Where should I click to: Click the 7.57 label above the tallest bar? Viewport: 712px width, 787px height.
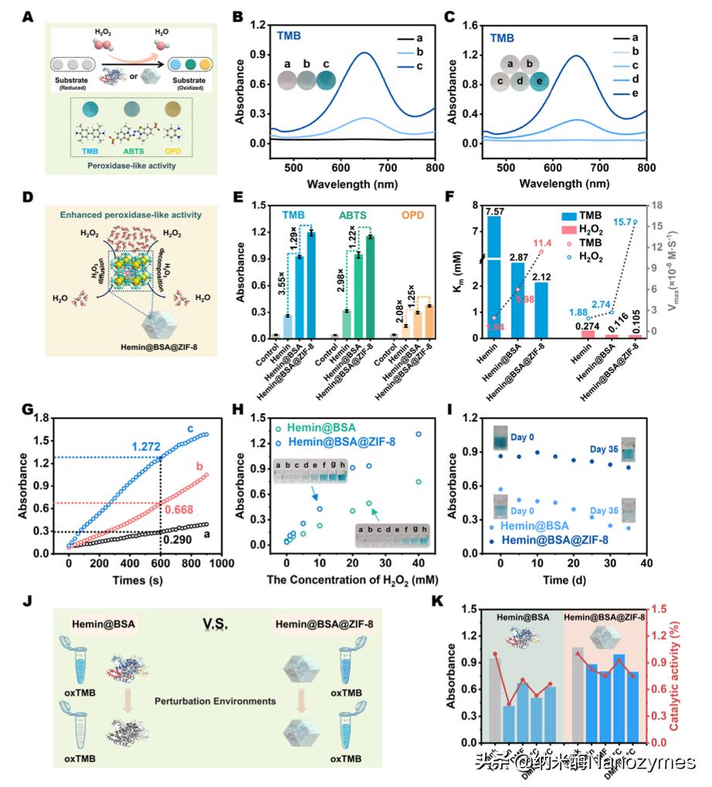496,205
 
